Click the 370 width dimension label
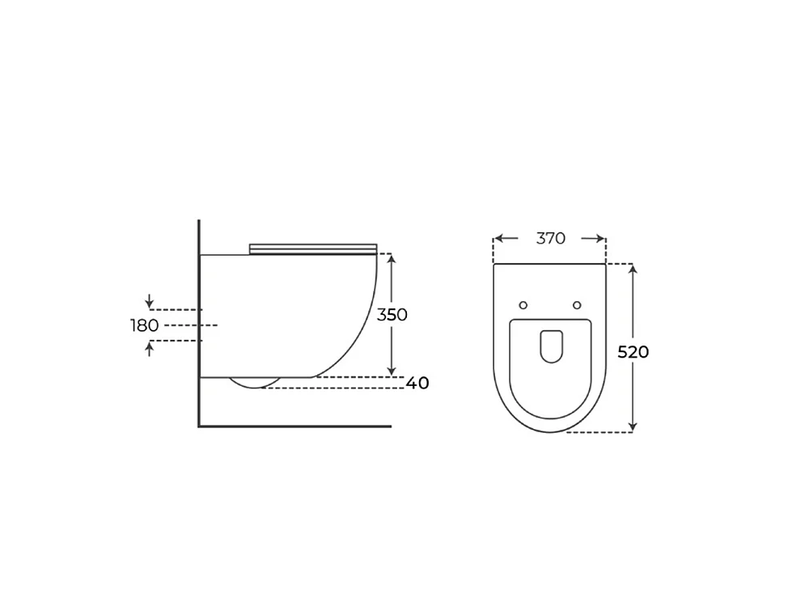pyautogui.click(x=550, y=239)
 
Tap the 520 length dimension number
pyautogui.click(x=633, y=352)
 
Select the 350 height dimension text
pyautogui.click(x=392, y=315)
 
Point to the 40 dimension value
pyautogui.click(x=417, y=383)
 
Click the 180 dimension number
pyautogui.click(x=145, y=325)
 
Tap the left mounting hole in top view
pyautogui.click(x=523, y=305)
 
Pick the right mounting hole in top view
pyautogui.click(x=577, y=305)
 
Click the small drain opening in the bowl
pyautogui.click(x=551, y=346)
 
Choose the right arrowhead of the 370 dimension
pyautogui.click(x=600, y=239)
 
